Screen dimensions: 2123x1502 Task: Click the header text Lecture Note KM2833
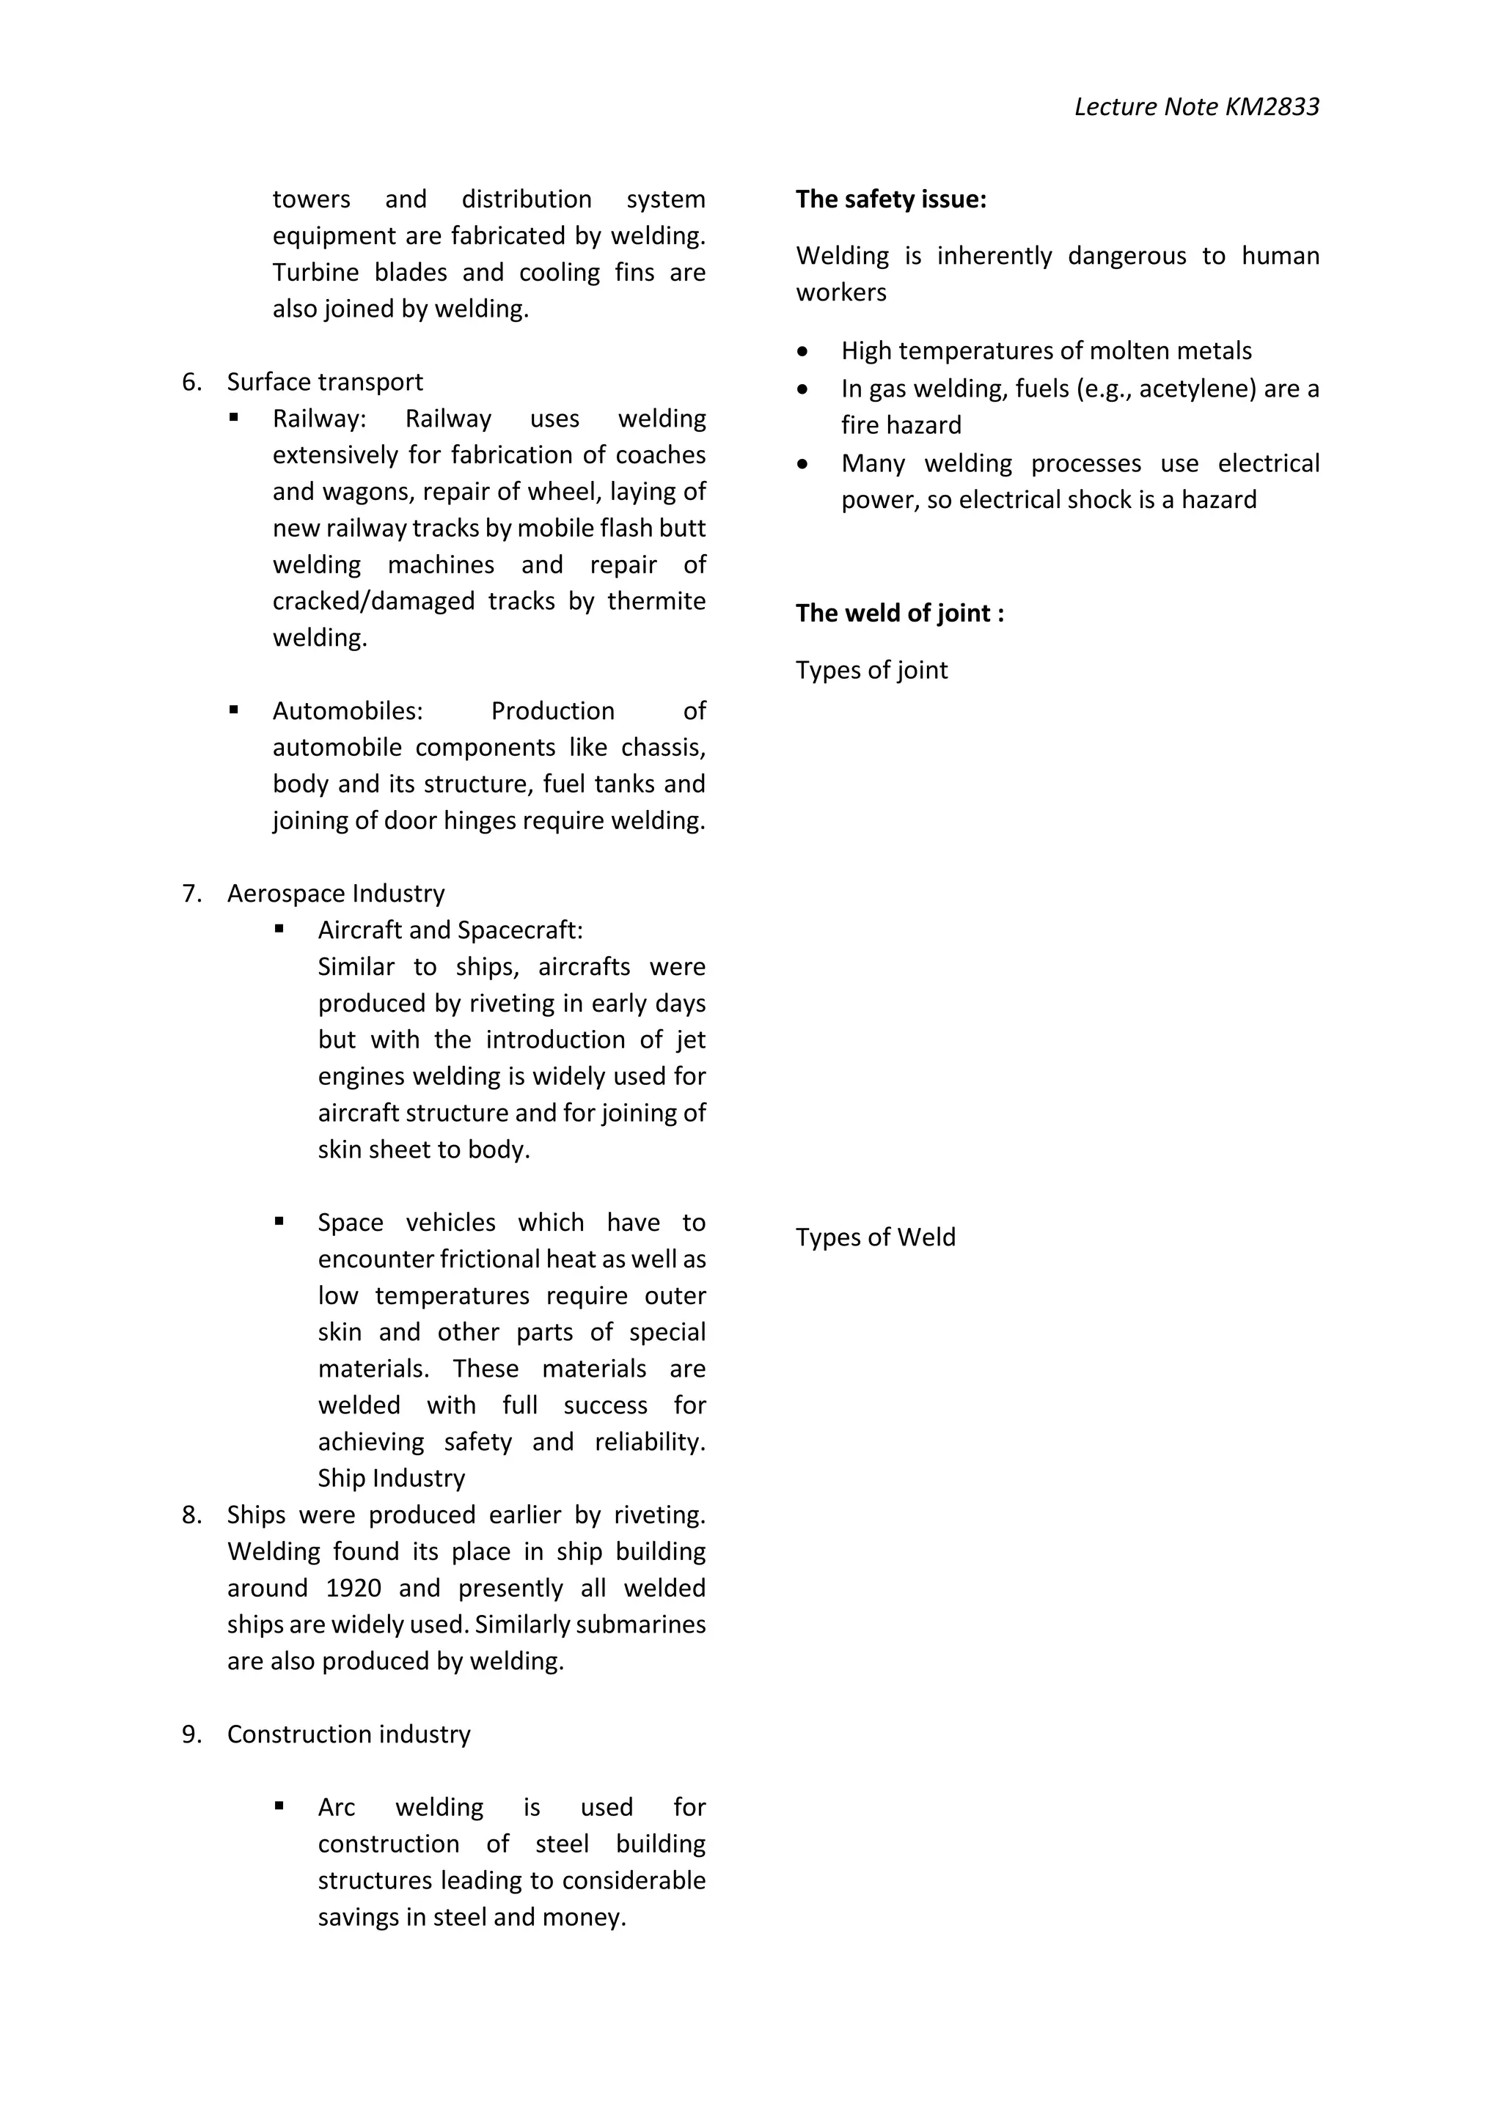point(1196,107)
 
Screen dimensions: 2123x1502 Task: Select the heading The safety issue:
point(890,199)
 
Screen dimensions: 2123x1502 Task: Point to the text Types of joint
point(871,669)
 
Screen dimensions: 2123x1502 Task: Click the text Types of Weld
point(875,1237)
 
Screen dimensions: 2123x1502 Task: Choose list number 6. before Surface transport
point(191,382)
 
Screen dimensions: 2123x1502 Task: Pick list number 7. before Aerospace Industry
point(191,893)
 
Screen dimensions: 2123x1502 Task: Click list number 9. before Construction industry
point(191,1734)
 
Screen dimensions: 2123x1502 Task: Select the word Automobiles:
point(348,710)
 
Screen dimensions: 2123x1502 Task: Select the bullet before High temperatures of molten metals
point(802,351)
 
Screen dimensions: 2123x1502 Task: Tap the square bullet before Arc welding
point(279,1805)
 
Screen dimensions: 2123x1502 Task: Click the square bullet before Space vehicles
point(279,1221)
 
